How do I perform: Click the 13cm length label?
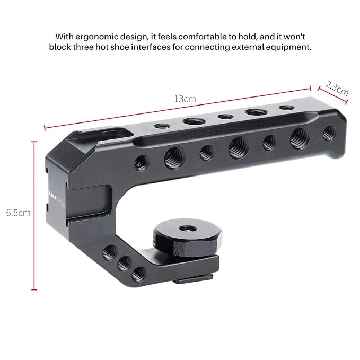pos(185,99)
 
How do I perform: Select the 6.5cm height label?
pos(18,213)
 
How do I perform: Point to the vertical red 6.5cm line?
pos(35,215)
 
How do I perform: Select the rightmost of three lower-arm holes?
pos(138,274)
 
